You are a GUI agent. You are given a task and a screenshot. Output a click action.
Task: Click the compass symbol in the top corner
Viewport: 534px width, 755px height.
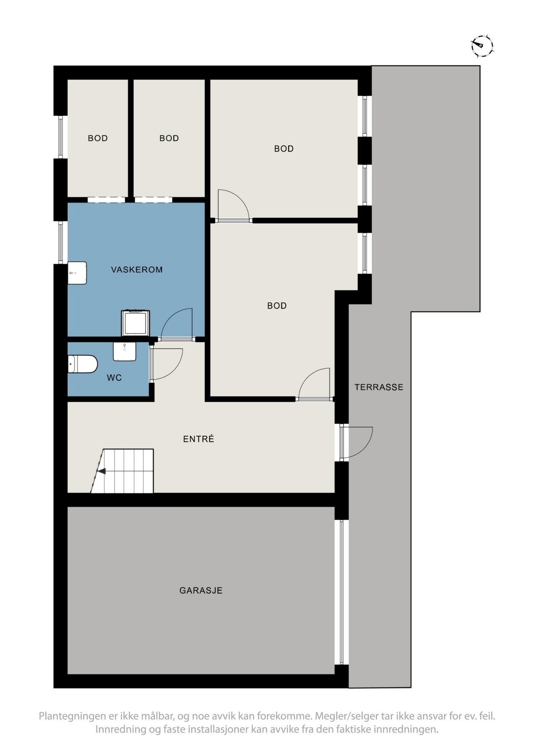click(x=482, y=46)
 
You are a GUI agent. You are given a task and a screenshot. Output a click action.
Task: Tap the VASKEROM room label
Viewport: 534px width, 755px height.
click(x=137, y=270)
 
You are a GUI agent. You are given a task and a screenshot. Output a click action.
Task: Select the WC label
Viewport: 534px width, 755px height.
click(x=114, y=378)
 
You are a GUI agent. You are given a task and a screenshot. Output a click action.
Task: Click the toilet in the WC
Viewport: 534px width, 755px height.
click(x=83, y=364)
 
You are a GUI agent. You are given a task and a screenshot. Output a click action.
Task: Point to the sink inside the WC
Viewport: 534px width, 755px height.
click(x=125, y=351)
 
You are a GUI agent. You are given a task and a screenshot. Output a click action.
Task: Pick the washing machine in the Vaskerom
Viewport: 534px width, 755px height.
click(x=135, y=323)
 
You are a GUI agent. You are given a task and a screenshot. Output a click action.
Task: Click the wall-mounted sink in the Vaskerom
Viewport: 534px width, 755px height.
click(x=77, y=273)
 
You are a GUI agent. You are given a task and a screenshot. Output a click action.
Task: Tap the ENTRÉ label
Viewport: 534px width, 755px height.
click(x=198, y=439)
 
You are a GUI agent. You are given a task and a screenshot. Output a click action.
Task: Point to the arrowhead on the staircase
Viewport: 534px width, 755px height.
click(x=101, y=471)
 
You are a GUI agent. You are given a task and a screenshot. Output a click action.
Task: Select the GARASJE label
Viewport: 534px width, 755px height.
click(x=201, y=591)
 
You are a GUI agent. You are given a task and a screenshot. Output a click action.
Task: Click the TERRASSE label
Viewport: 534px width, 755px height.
click(x=379, y=387)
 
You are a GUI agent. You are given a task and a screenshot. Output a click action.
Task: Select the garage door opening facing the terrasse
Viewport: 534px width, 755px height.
click(x=342, y=592)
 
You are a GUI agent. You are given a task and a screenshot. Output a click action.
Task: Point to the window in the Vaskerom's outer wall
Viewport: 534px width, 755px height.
click(x=61, y=242)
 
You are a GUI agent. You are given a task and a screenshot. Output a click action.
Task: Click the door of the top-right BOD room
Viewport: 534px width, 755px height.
click(x=233, y=206)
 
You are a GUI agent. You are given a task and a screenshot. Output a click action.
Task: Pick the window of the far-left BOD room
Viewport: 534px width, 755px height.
click(x=61, y=137)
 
